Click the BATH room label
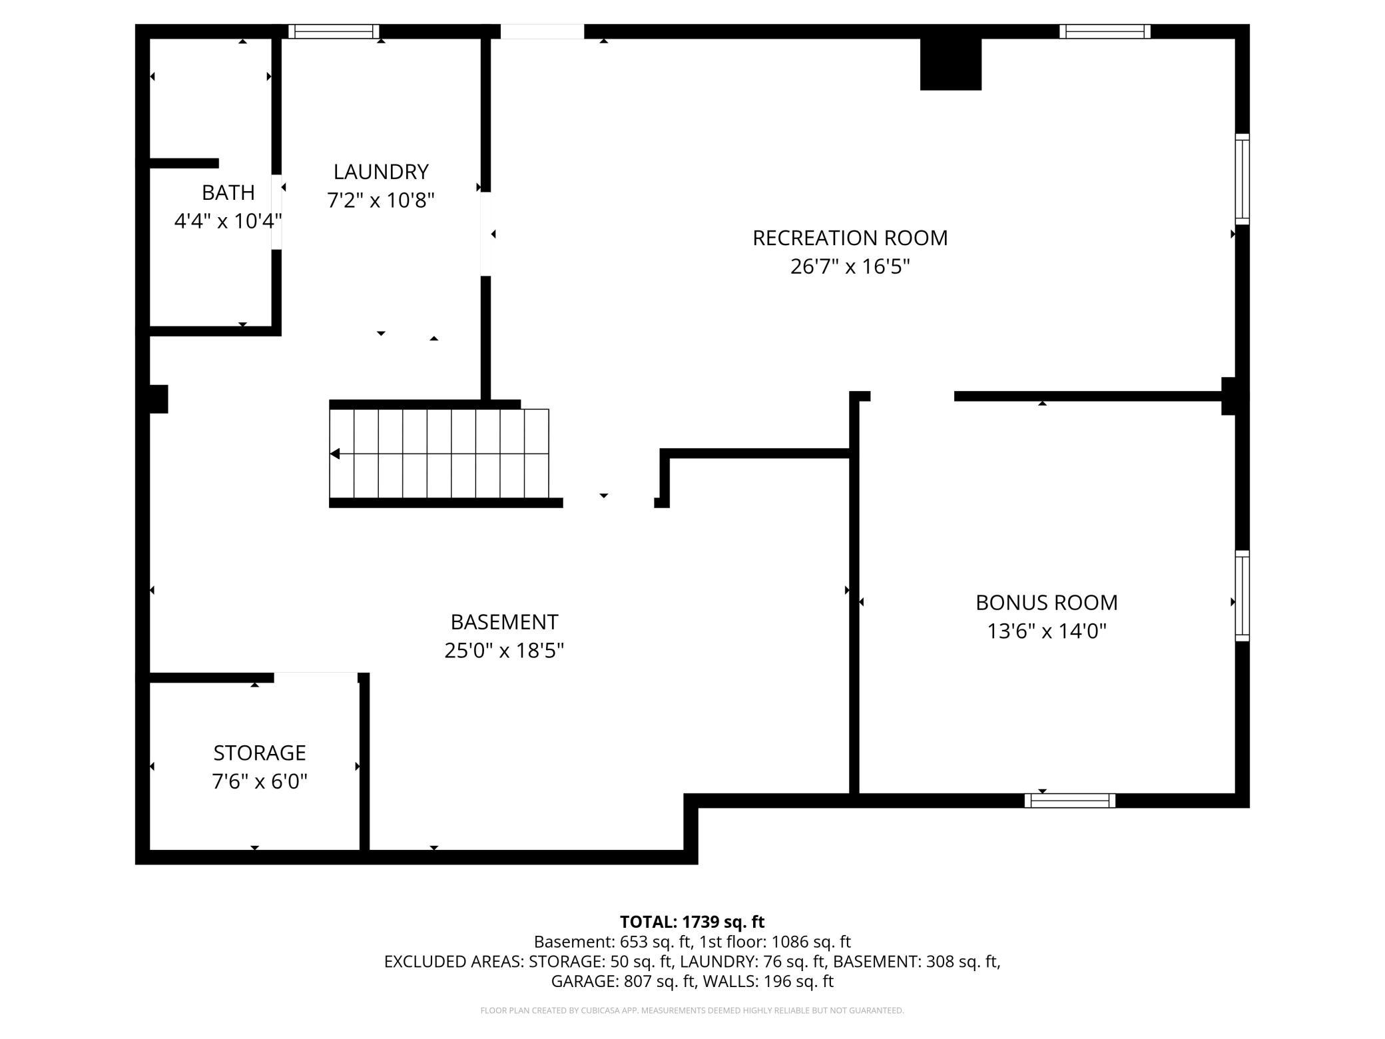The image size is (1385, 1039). [x=228, y=192]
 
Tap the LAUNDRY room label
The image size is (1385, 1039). [x=381, y=172]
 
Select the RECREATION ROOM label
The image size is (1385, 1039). [x=850, y=238]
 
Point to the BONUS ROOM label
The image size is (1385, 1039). [x=1047, y=602]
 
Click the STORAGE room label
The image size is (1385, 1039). [x=260, y=753]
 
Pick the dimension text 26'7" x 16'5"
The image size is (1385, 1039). [x=850, y=266]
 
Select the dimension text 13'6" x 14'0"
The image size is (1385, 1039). [x=1047, y=631]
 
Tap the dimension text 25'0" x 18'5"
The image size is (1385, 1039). [x=504, y=650]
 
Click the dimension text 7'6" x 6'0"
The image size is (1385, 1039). [x=260, y=781]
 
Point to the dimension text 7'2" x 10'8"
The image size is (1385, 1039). [x=381, y=200]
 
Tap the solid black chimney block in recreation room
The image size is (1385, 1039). [x=951, y=64]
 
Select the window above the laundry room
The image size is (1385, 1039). [x=334, y=31]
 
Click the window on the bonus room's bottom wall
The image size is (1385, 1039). [x=1070, y=801]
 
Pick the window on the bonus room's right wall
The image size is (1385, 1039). [x=1243, y=596]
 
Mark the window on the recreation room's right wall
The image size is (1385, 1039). [x=1243, y=179]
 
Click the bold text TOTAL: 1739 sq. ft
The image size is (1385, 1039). [x=692, y=922]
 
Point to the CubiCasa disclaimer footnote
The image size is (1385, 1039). [x=692, y=1010]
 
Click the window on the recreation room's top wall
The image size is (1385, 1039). [x=1105, y=31]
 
